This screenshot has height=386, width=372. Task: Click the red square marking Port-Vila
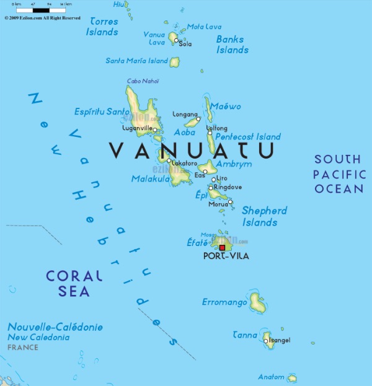point(223,248)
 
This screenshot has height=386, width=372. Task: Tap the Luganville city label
point(138,128)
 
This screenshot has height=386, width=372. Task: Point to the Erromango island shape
point(257,303)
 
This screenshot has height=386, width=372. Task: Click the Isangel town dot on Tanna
point(265,340)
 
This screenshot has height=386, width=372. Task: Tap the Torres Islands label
point(102,26)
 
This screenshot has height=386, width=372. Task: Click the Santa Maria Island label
point(136,61)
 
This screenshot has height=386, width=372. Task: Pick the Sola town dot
point(176,41)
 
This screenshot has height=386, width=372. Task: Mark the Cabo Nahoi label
point(143,81)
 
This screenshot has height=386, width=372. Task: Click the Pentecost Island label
point(247,136)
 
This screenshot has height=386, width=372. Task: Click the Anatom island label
point(271,377)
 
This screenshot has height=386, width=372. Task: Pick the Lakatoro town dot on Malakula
point(169,160)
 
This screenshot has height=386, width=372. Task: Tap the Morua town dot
point(230,201)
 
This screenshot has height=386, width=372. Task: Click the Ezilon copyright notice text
point(42,18)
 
